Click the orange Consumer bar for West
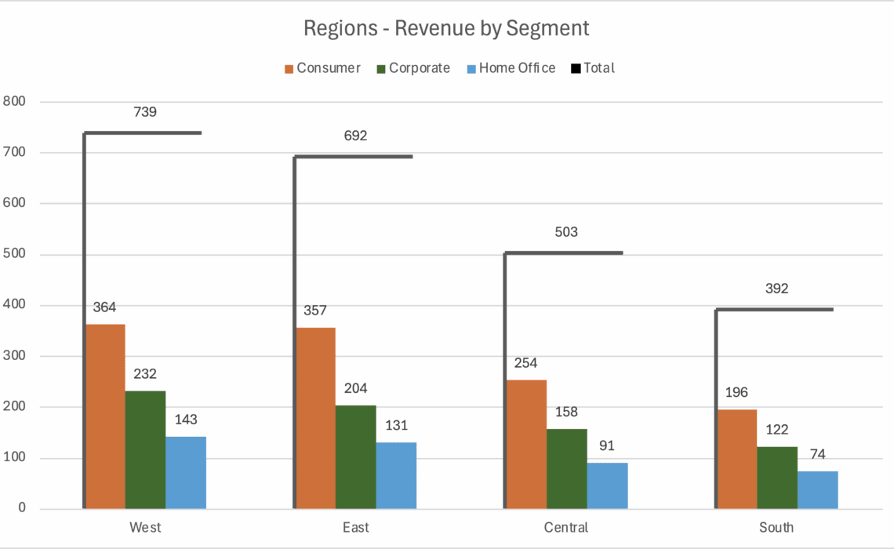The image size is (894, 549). (x=105, y=416)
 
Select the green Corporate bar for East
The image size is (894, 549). (x=355, y=456)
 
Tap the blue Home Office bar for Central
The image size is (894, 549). (x=607, y=485)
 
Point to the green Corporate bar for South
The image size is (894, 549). (x=776, y=478)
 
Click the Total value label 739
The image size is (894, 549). (x=145, y=112)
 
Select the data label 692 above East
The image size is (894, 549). (x=355, y=136)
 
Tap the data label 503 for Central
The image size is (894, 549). (x=565, y=232)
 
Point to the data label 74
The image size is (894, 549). (x=818, y=454)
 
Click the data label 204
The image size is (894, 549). (x=355, y=388)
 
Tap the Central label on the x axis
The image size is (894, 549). (x=565, y=527)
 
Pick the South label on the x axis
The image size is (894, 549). (x=776, y=527)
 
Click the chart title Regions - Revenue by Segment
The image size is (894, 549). (x=446, y=29)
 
